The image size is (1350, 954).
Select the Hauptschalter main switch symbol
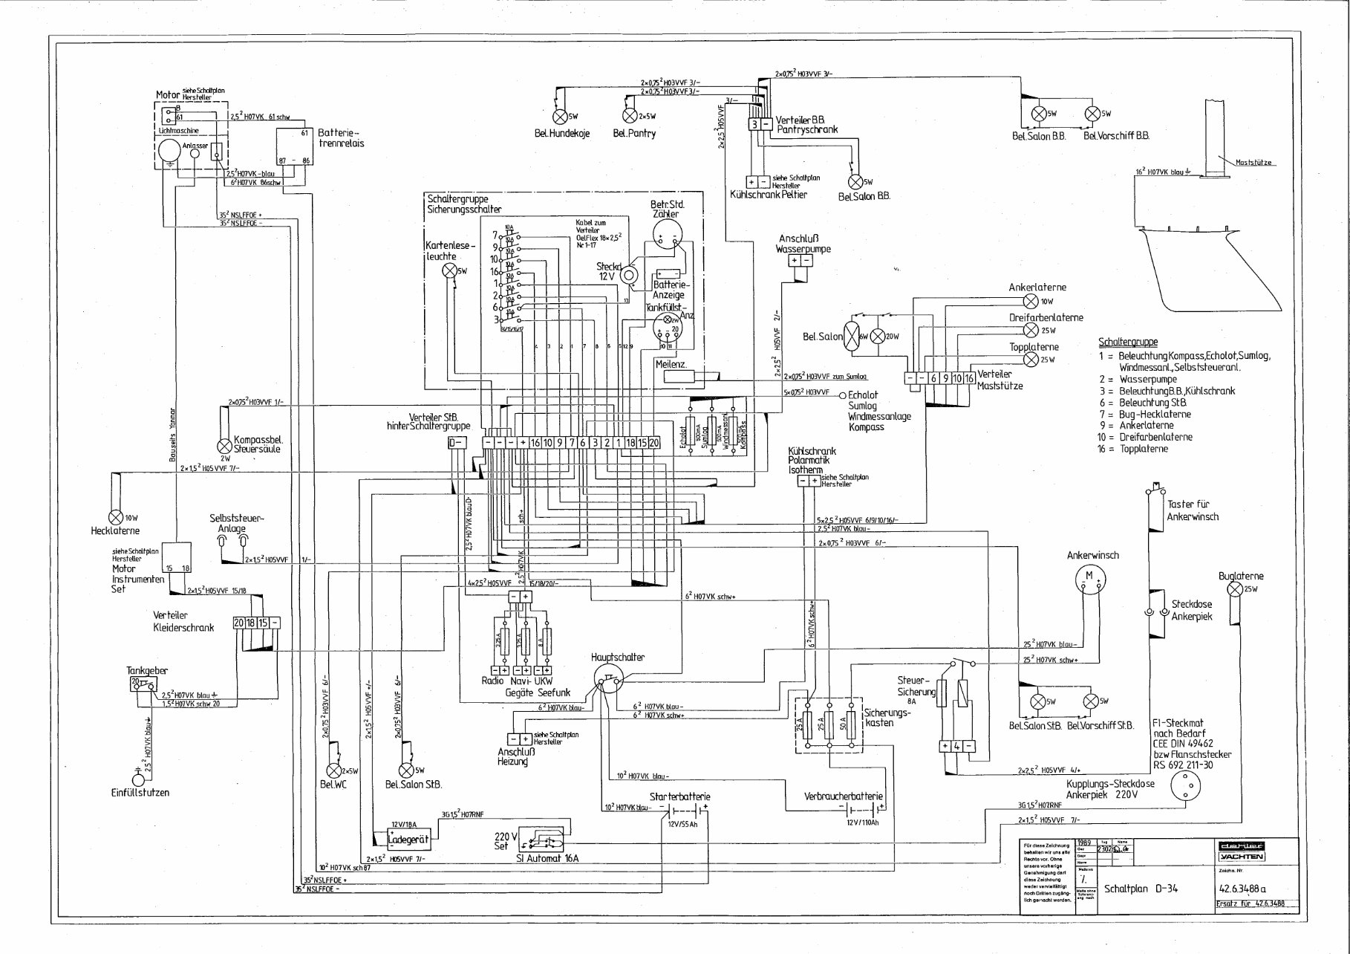pyautogui.click(x=607, y=678)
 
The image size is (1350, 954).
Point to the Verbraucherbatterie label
pyautogui.click(x=844, y=796)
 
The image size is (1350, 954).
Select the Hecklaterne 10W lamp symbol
pyautogui.click(x=115, y=517)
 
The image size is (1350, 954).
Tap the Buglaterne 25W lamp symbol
pyautogui.click(x=1235, y=590)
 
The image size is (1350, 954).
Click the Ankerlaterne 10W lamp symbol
pyautogui.click(x=1031, y=301)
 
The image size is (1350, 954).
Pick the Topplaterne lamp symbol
pyautogui.click(x=1031, y=360)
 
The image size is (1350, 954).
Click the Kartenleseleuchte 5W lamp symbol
pyautogui.click(x=449, y=271)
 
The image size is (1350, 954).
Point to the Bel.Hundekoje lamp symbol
pyautogui.click(x=560, y=117)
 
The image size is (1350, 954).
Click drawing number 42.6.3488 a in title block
pyautogui.click(x=1242, y=888)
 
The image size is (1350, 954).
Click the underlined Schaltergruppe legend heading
pyautogui.click(x=1127, y=343)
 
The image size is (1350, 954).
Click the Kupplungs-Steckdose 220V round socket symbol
pyautogui.click(x=1186, y=786)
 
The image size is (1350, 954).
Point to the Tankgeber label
pyautogui.click(x=146, y=670)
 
